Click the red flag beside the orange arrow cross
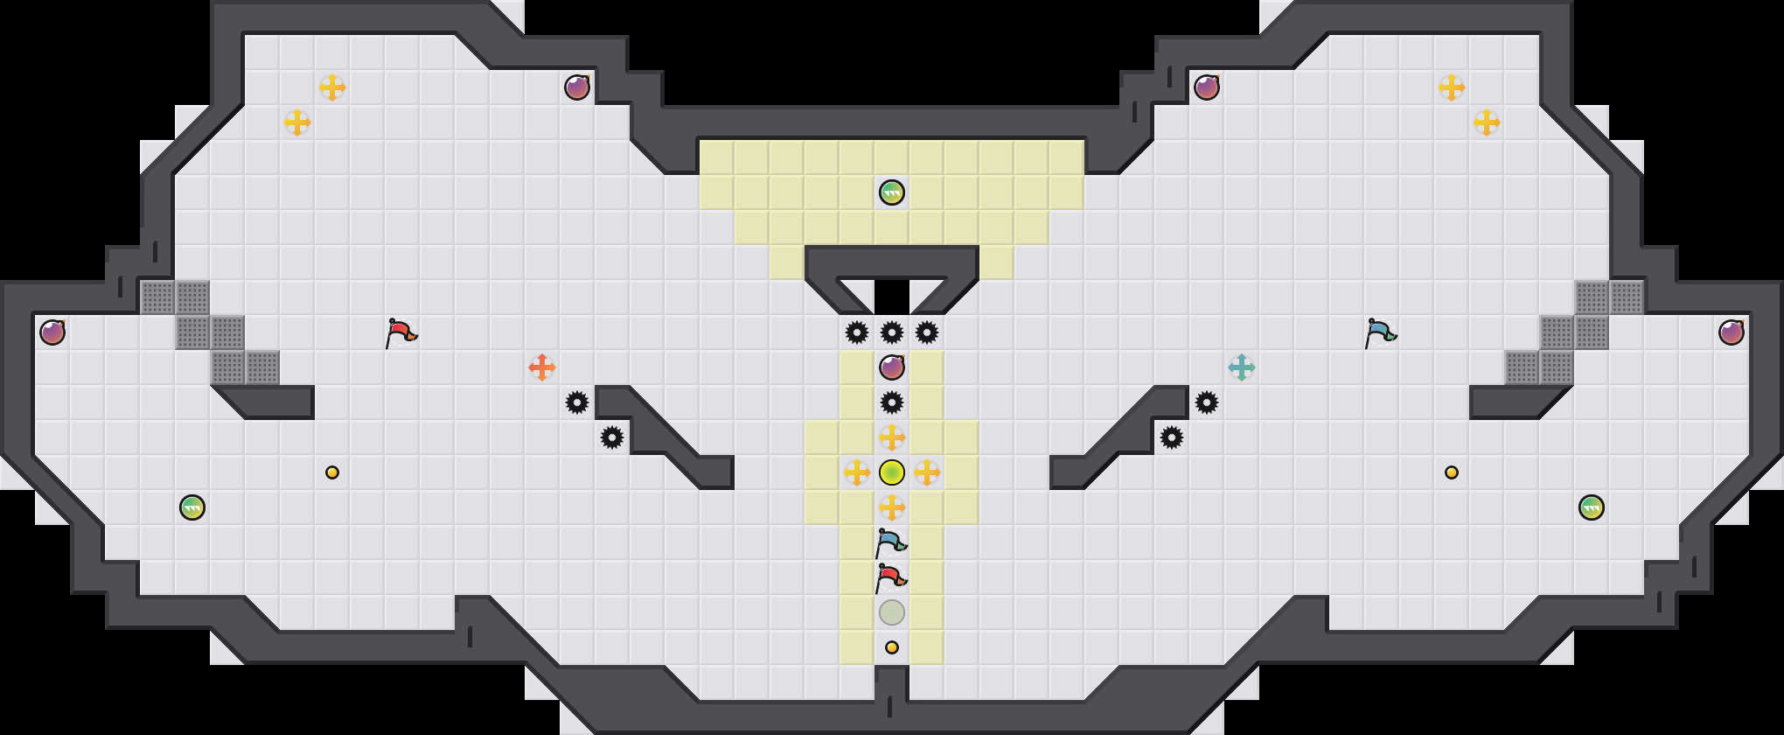(401, 332)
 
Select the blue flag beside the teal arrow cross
(1380, 332)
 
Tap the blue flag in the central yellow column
(890, 542)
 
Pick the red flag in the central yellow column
(890, 577)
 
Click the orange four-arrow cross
(542, 367)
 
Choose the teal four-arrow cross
(1242, 367)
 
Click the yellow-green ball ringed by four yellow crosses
(892, 472)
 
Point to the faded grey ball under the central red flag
(892, 612)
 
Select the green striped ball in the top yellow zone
(892, 192)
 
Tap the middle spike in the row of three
(892, 332)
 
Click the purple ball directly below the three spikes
(892, 367)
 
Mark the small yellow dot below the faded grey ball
(892, 647)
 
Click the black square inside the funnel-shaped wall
(892, 296)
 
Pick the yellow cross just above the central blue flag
(892, 507)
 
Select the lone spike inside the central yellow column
(892, 402)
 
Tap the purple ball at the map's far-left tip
(52, 332)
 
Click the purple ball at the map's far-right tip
(1732, 332)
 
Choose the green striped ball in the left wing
(192, 507)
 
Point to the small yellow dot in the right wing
(1452, 472)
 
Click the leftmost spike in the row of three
(857, 332)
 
